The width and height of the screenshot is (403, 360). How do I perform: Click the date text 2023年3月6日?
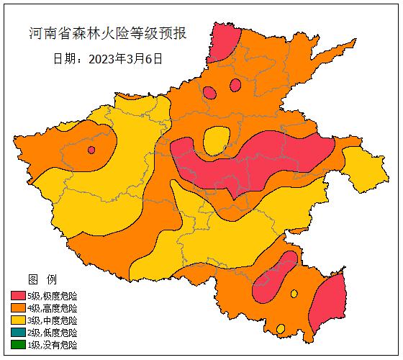tap(108, 58)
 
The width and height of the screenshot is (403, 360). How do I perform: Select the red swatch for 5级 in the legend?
tap(18, 296)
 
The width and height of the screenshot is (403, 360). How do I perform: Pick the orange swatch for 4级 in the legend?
tap(18, 308)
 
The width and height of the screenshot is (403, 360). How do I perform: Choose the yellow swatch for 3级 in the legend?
tap(18, 320)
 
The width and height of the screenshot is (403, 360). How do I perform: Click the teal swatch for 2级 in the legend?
tap(18, 333)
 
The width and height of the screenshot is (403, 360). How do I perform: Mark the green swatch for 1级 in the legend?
tap(18, 345)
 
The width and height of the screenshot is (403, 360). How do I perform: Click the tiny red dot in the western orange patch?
tap(91, 150)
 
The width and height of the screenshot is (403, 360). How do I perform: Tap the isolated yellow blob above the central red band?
tap(216, 140)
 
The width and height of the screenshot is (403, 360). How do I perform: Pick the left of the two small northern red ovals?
tap(209, 92)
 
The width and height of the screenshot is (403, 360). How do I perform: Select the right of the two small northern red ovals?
tap(235, 85)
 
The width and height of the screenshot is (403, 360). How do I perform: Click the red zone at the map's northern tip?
tap(225, 42)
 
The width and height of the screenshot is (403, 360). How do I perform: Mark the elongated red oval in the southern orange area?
tap(273, 277)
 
